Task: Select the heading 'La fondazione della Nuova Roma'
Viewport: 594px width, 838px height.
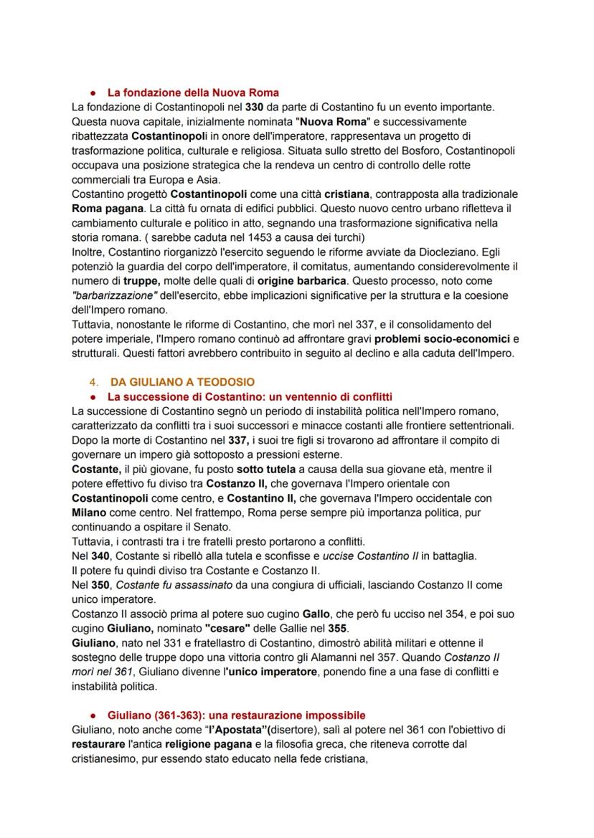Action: [x=193, y=92]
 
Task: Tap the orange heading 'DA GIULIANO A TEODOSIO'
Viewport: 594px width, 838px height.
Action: [x=182, y=382]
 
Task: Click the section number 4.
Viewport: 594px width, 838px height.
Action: [x=93, y=382]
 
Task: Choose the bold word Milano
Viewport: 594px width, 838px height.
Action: [x=89, y=513]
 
